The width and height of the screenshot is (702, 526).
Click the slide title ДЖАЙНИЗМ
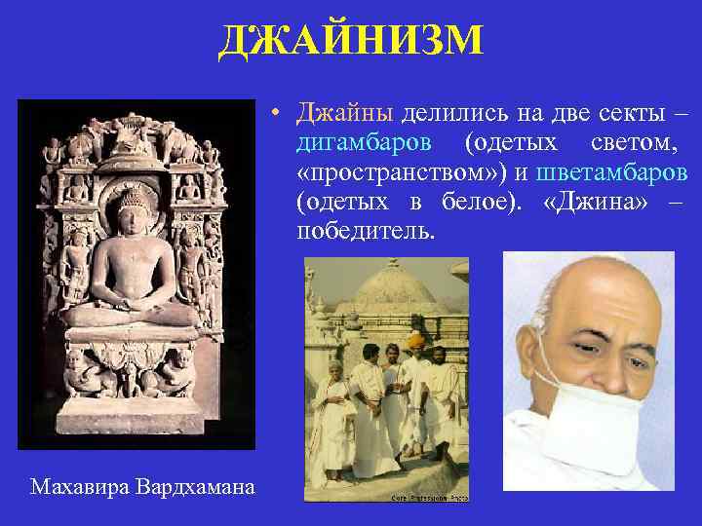click(x=351, y=41)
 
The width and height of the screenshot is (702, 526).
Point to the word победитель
click(x=367, y=234)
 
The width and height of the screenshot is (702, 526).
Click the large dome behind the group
click(x=395, y=292)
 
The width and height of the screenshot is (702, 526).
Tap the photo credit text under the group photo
click(x=428, y=498)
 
